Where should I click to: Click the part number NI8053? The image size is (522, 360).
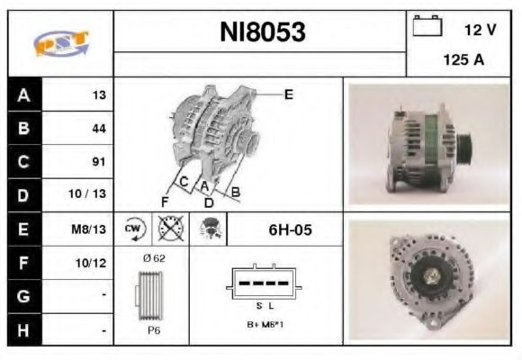click(x=263, y=32)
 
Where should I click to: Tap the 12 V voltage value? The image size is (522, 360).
click(x=480, y=30)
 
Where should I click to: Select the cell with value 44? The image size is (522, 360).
click(x=99, y=129)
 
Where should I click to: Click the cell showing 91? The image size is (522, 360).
click(x=99, y=162)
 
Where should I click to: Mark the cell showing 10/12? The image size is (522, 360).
click(x=94, y=263)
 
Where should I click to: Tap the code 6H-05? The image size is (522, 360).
click(x=291, y=229)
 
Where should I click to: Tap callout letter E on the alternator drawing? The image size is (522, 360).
click(x=289, y=94)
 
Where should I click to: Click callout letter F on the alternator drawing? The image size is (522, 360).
click(x=165, y=200)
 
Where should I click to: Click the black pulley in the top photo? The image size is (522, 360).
click(x=467, y=146)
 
